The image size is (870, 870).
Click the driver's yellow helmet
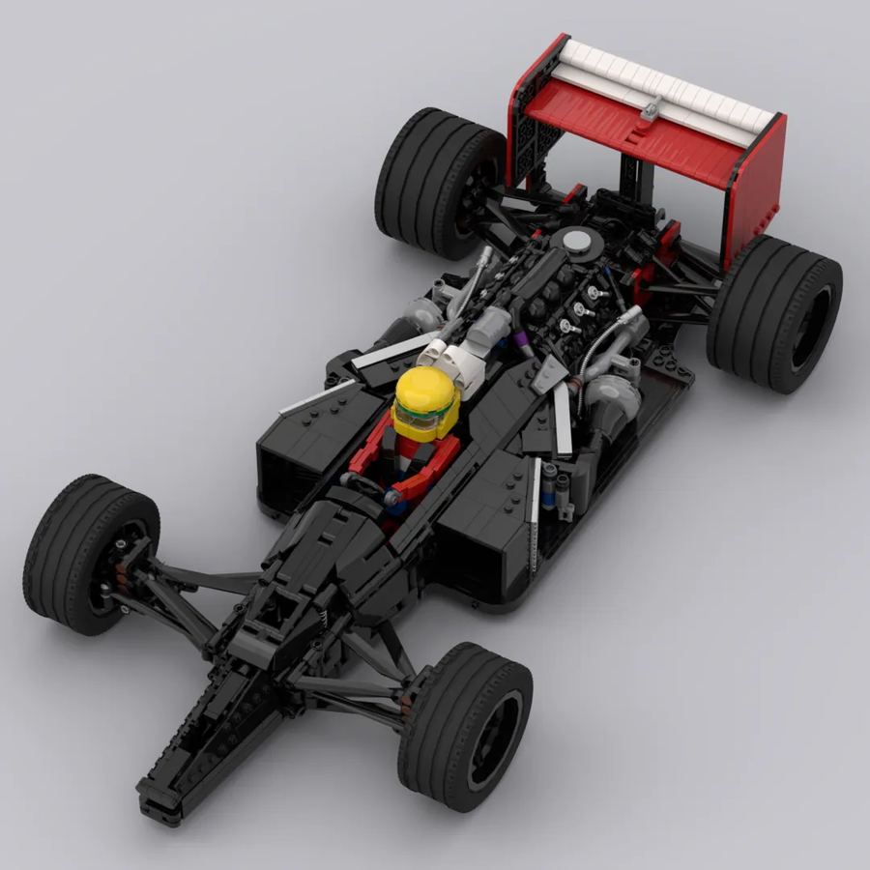(x=425, y=396)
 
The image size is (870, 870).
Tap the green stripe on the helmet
(x=422, y=417)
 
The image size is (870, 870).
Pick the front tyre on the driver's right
(x=464, y=725)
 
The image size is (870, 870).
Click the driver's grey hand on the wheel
(x=393, y=498)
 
